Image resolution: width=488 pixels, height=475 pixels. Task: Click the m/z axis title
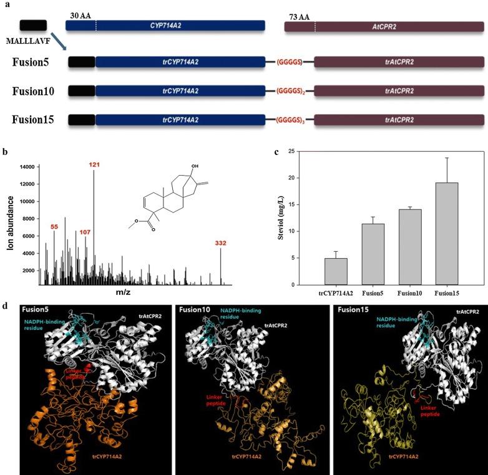pyautogui.click(x=129, y=292)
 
